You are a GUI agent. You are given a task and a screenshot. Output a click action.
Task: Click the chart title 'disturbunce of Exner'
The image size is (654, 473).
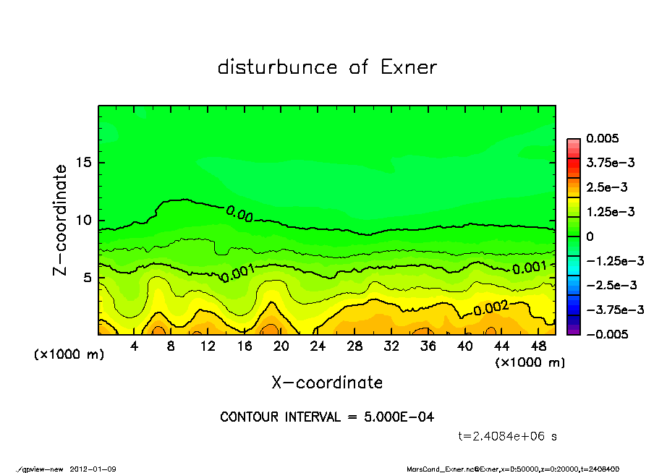point(327,67)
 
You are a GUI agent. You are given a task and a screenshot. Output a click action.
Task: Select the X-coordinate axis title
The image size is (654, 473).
point(327,383)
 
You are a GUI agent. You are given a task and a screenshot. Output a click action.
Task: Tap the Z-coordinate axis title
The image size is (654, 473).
point(61,220)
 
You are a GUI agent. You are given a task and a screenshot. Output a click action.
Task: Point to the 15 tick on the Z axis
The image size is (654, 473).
point(84,163)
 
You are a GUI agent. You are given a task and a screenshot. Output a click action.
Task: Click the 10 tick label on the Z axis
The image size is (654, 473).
point(84,221)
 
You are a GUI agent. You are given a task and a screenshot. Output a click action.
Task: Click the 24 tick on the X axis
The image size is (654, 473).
point(318,346)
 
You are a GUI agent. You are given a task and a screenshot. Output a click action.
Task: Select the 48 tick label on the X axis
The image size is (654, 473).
point(538,346)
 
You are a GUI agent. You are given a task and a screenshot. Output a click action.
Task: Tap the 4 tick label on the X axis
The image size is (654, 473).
point(135,346)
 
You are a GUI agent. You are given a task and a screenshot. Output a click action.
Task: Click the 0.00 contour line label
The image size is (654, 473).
point(239,213)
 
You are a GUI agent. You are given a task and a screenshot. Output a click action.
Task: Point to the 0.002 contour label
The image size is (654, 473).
point(491,309)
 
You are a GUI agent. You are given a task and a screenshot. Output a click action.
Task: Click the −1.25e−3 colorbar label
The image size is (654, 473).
point(614,260)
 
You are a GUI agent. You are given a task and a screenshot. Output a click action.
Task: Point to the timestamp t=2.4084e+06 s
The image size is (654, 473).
point(508,436)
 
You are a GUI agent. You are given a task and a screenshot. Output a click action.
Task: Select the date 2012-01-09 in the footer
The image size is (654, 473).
point(93,469)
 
